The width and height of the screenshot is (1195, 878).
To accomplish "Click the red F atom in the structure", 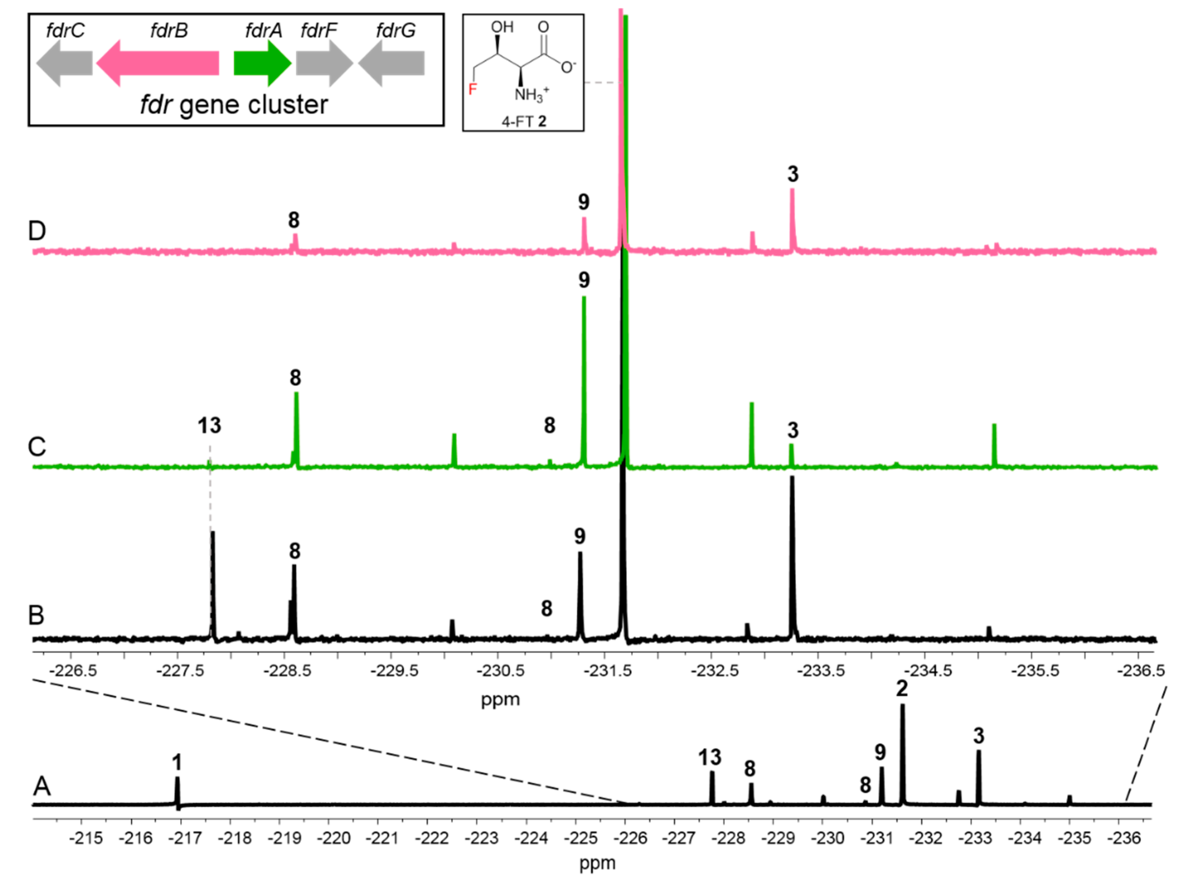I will [x=472, y=89].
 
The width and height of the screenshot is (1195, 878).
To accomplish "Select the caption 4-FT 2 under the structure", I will [x=524, y=122].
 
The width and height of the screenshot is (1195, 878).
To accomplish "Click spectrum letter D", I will [x=37, y=231].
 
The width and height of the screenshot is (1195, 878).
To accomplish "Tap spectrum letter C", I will [x=37, y=446].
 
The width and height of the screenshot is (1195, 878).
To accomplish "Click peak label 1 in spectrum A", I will [x=177, y=763].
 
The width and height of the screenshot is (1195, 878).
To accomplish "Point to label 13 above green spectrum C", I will [x=209, y=426].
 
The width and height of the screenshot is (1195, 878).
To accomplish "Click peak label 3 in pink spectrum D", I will [x=793, y=174].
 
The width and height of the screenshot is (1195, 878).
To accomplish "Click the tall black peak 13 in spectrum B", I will [x=213, y=584].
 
